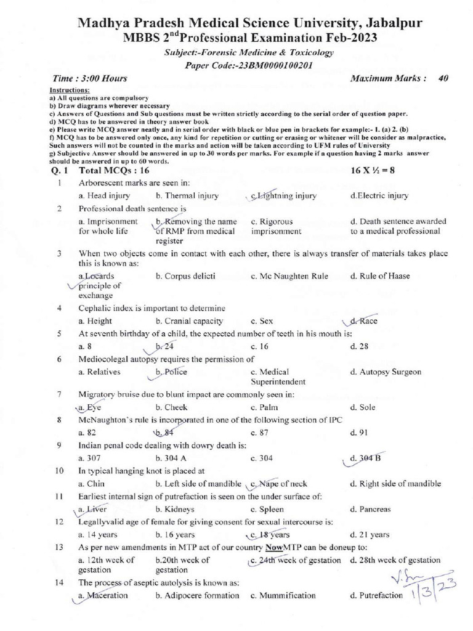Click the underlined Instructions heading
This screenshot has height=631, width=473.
[68, 91]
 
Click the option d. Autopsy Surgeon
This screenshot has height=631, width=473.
[387, 372]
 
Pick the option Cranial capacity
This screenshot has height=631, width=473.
[189, 321]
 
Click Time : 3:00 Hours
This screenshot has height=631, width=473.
[90, 78]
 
